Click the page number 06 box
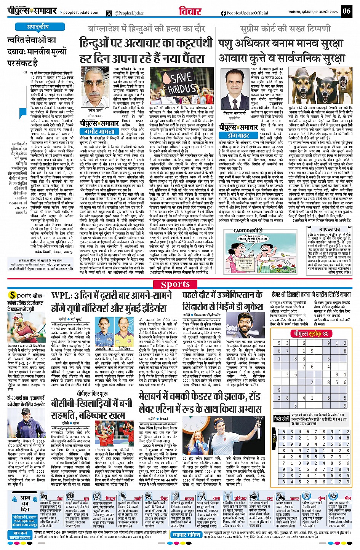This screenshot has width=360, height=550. click(x=346, y=11)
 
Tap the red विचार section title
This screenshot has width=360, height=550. click(x=190, y=12)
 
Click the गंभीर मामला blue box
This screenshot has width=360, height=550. click(x=99, y=131)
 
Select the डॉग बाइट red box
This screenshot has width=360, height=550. click(x=238, y=135)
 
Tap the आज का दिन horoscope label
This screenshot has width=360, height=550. click(x=25, y=504)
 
